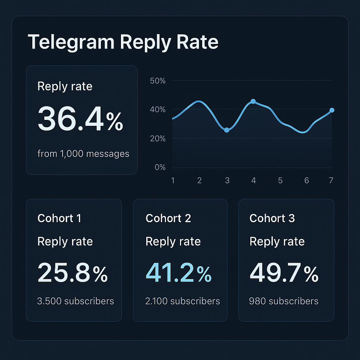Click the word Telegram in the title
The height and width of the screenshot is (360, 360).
(x=71, y=43)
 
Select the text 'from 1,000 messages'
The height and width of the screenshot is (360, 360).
(x=83, y=154)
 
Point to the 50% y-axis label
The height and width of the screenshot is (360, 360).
(x=157, y=81)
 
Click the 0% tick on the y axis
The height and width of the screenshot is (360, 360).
(x=160, y=167)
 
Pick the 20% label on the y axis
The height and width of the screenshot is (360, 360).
(x=157, y=139)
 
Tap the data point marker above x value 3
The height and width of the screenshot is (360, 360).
(x=227, y=130)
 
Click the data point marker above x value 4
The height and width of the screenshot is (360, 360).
(x=253, y=101)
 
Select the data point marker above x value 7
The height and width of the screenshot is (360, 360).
(x=332, y=110)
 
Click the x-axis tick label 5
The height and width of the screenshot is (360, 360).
(x=280, y=181)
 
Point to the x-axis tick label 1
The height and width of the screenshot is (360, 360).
(x=173, y=181)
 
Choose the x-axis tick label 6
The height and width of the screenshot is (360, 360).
(x=307, y=181)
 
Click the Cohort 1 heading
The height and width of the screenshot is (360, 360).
(x=59, y=218)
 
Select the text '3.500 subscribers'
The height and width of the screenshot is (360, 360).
(x=76, y=301)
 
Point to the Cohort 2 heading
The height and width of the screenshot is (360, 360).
(x=168, y=218)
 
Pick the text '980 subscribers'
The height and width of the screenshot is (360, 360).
(x=284, y=301)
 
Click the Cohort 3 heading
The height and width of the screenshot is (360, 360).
(x=272, y=218)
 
